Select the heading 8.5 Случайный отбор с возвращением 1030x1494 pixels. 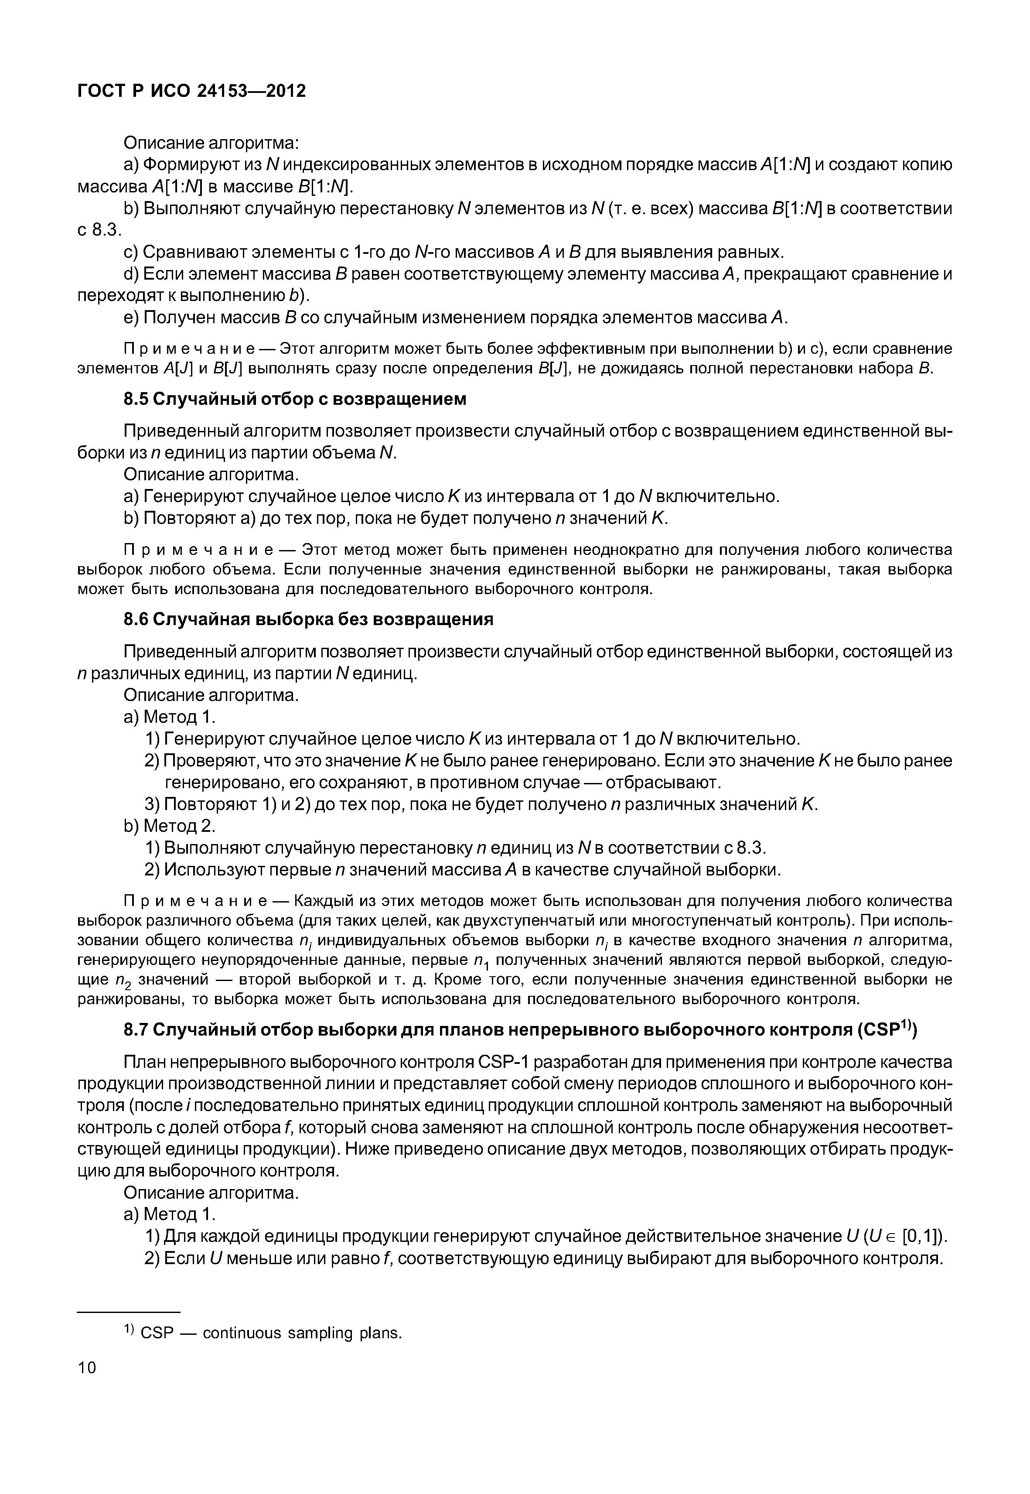click(x=294, y=399)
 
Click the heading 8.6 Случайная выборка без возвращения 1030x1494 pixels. click(x=308, y=619)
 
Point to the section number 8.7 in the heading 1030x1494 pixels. click(x=136, y=1029)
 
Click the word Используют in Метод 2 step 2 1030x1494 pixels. click(x=210, y=870)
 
